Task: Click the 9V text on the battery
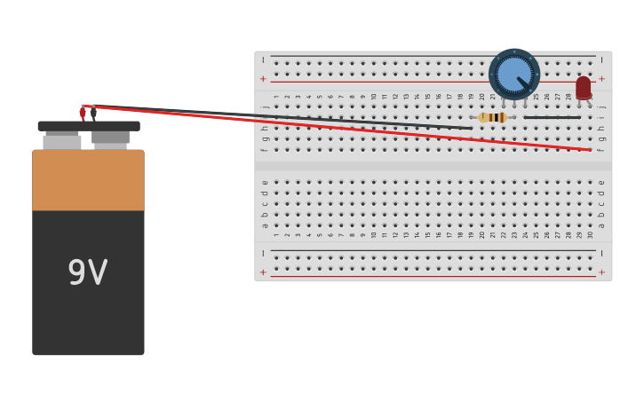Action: [x=88, y=272]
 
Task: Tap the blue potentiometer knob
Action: [x=513, y=74]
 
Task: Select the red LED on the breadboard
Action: [x=583, y=87]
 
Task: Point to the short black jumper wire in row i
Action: [x=552, y=117]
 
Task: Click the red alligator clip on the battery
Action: [x=83, y=113]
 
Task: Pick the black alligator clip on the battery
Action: [x=93, y=113]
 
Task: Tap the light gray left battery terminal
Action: [x=62, y=141]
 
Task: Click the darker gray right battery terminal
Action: [x=111, y=138]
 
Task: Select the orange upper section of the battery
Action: [x=88, y=180]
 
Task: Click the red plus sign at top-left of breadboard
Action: [x=263, y=79]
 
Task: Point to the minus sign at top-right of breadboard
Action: [x=601, y=60]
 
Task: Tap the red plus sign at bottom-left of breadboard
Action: [x=263, y=272]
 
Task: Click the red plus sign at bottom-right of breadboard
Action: [x=601, y=272]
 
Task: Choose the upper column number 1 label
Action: [x=275, y=97]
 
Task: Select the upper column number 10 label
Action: [x=373, y=97]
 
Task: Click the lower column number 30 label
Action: [x=591, y=235]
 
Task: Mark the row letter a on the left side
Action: [x=264, y=225]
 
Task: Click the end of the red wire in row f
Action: [x=590, y=150]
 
